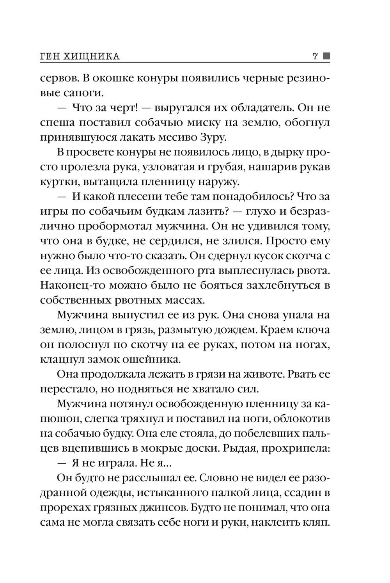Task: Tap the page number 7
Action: click(315, 57)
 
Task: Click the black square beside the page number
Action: click(326, 56)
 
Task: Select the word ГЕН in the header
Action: click(51, 57)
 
